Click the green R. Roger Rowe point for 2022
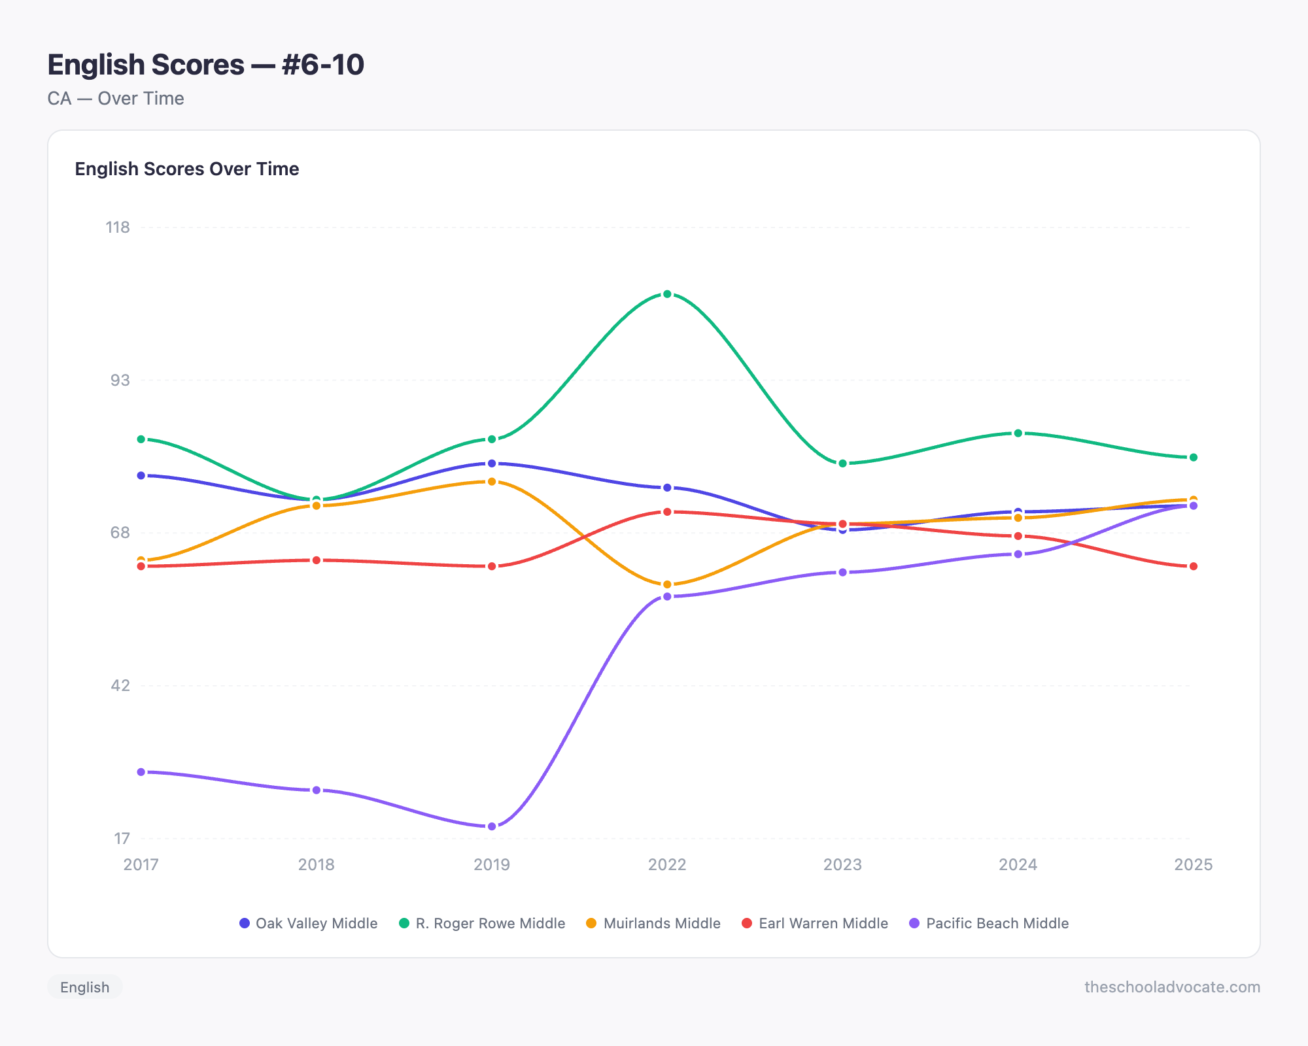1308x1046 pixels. click(667, 294)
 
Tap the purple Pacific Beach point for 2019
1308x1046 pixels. click(492, 826)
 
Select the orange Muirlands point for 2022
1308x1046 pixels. click(667, 584)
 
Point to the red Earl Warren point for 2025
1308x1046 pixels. click(1194, 566)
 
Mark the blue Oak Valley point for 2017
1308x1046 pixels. click(141, 475)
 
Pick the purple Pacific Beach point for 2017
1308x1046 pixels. click(141, 772)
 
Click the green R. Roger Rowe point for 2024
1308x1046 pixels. click(1018, 433)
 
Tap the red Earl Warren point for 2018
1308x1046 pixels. click(317, 560)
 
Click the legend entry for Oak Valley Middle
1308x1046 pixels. click(309, 923)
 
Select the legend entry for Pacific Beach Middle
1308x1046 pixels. click(989, 923)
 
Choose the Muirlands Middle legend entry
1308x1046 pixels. click(653, 923)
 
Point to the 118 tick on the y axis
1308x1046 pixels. click(118, 228)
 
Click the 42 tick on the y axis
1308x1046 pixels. click(120, 685)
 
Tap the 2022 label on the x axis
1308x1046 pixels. click(667, 864)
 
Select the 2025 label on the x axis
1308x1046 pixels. click(1193, 864)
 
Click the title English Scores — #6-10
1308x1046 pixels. click(205, 65)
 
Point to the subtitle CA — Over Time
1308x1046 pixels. click(116, 99)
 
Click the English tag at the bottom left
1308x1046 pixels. click(84, 987)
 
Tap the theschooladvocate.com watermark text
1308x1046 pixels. click(1172, 987)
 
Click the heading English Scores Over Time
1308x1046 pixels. click(187, 169)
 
